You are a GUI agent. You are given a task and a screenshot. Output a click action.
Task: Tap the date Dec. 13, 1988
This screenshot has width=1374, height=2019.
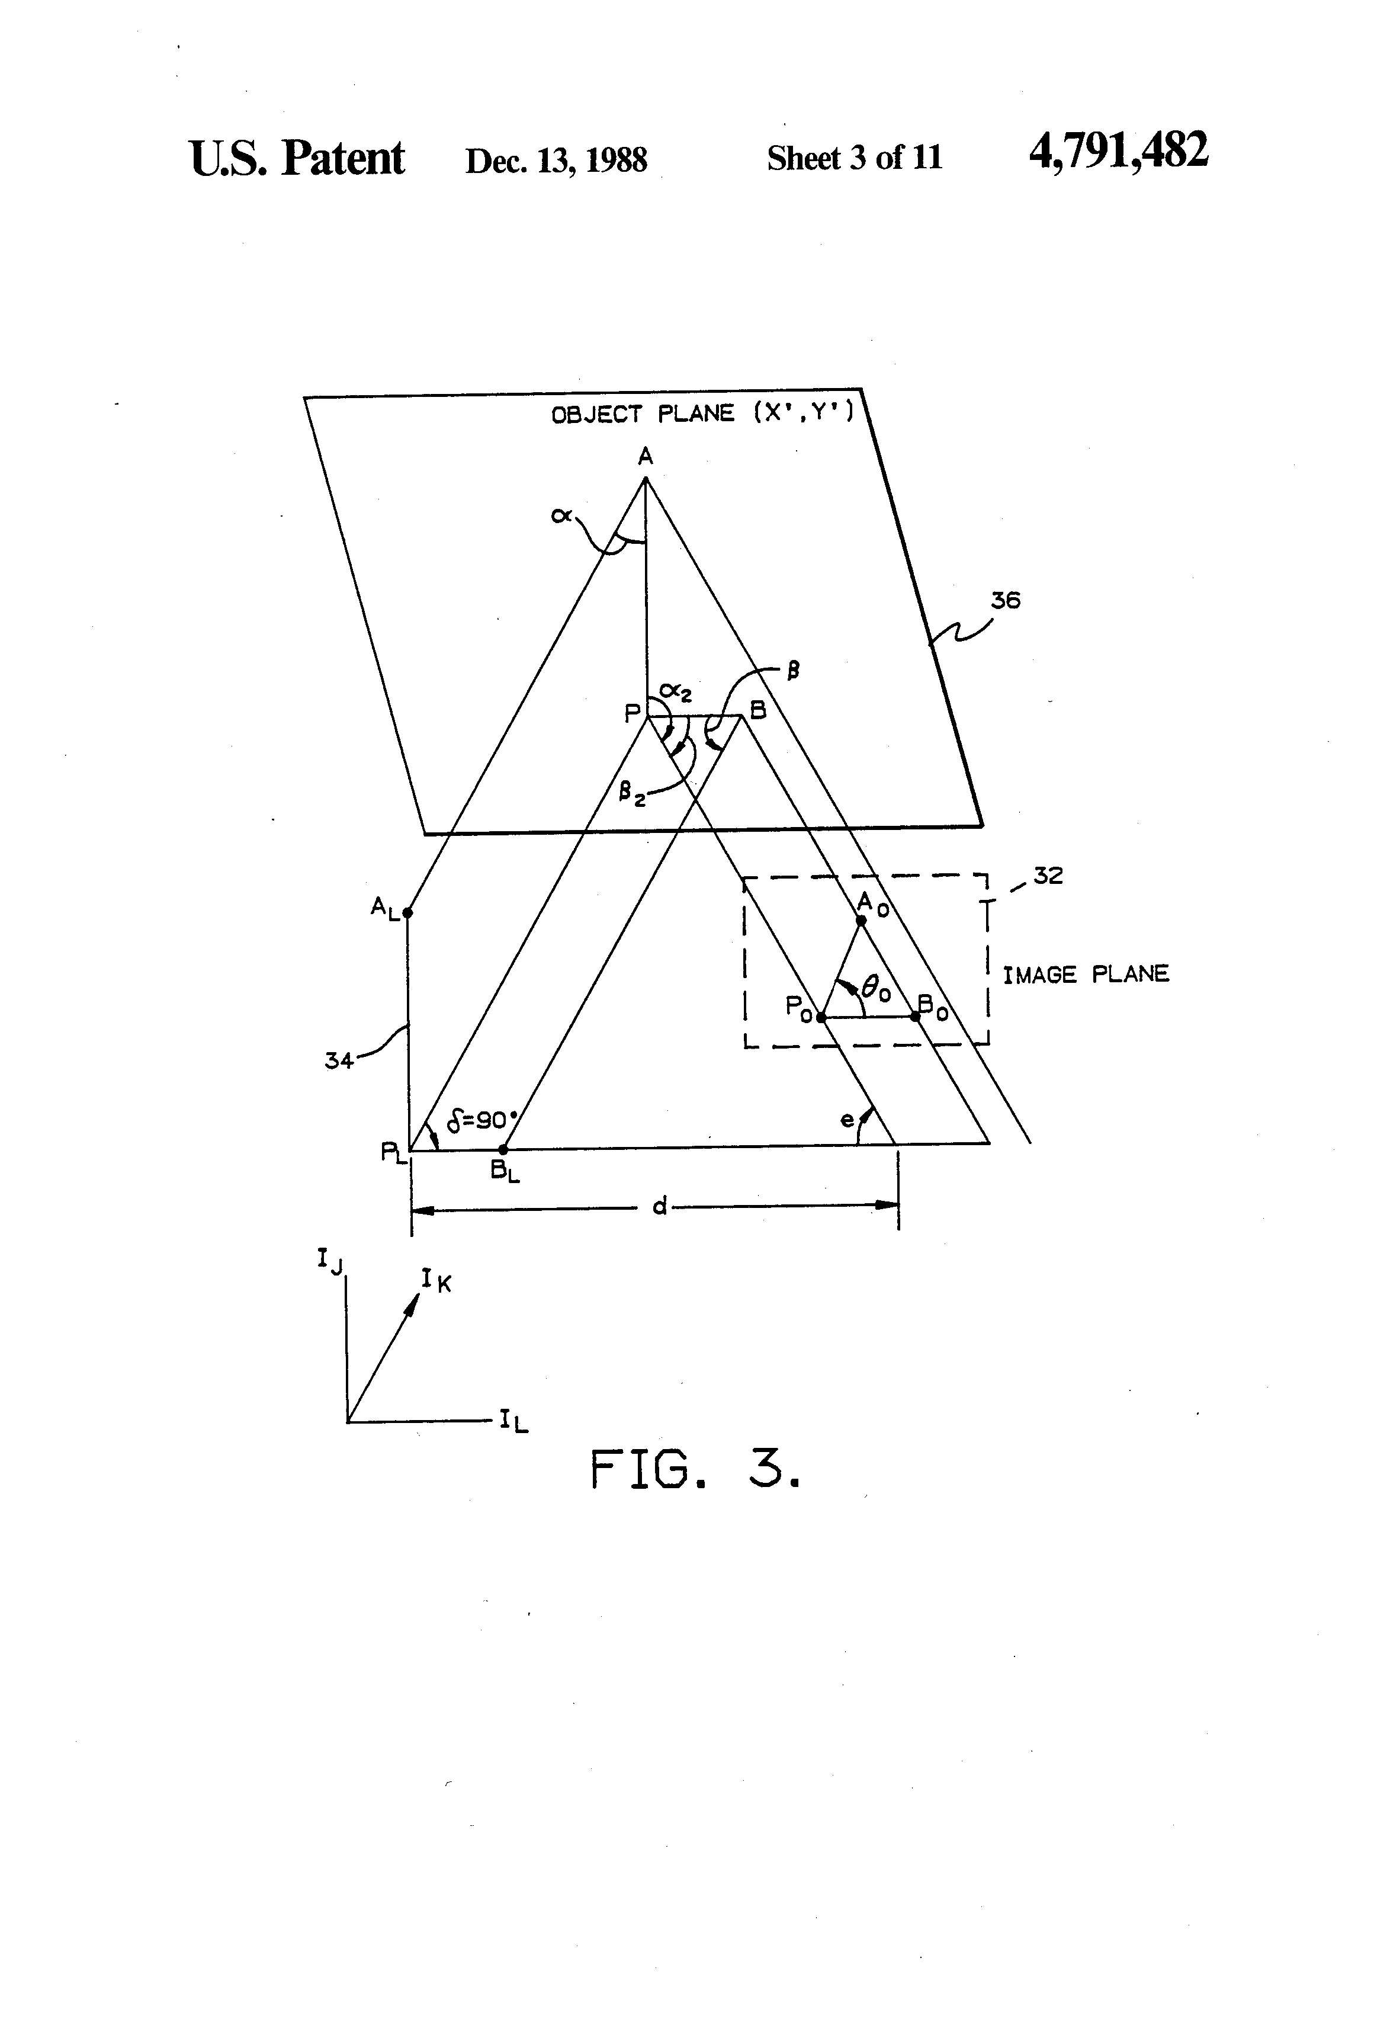click(556, 160)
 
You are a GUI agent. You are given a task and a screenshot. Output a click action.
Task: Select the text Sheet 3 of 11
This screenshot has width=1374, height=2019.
click(854, 158)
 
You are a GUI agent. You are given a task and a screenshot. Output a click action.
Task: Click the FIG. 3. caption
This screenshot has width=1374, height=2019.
click(694, 1470)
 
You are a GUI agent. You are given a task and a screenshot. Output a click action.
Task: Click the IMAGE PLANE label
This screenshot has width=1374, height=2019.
click(1086, 974)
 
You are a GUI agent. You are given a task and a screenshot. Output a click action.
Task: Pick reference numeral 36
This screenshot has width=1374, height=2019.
click(1005, 600)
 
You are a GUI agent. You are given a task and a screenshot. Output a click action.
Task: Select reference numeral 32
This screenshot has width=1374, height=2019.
click(1048, 876)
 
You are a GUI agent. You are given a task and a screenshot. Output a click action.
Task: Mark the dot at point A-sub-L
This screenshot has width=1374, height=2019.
click(407, 912)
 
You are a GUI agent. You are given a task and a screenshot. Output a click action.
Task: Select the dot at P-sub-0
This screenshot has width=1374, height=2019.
click(821, 1017)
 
